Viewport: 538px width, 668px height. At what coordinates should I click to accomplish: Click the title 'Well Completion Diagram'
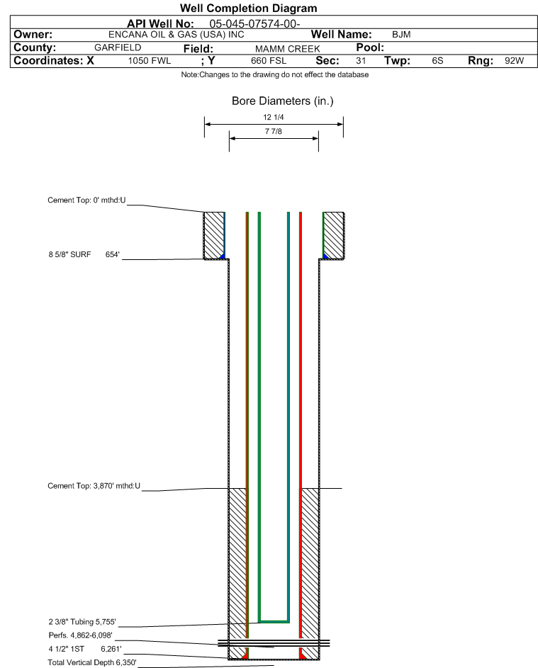249,8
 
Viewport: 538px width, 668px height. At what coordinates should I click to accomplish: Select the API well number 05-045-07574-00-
254,24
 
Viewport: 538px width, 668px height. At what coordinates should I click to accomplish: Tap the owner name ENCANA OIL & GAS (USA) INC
176,35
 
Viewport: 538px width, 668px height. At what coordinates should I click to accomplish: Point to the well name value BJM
401,35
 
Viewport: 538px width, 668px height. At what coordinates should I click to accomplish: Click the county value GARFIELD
118,47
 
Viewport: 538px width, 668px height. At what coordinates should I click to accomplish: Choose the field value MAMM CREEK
287,49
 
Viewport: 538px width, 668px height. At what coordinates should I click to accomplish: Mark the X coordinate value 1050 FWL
149,61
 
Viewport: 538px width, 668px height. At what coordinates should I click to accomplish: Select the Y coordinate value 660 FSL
269,61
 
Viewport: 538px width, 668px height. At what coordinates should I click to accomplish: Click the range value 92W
514,60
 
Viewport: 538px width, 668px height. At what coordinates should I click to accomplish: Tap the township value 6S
437,60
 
